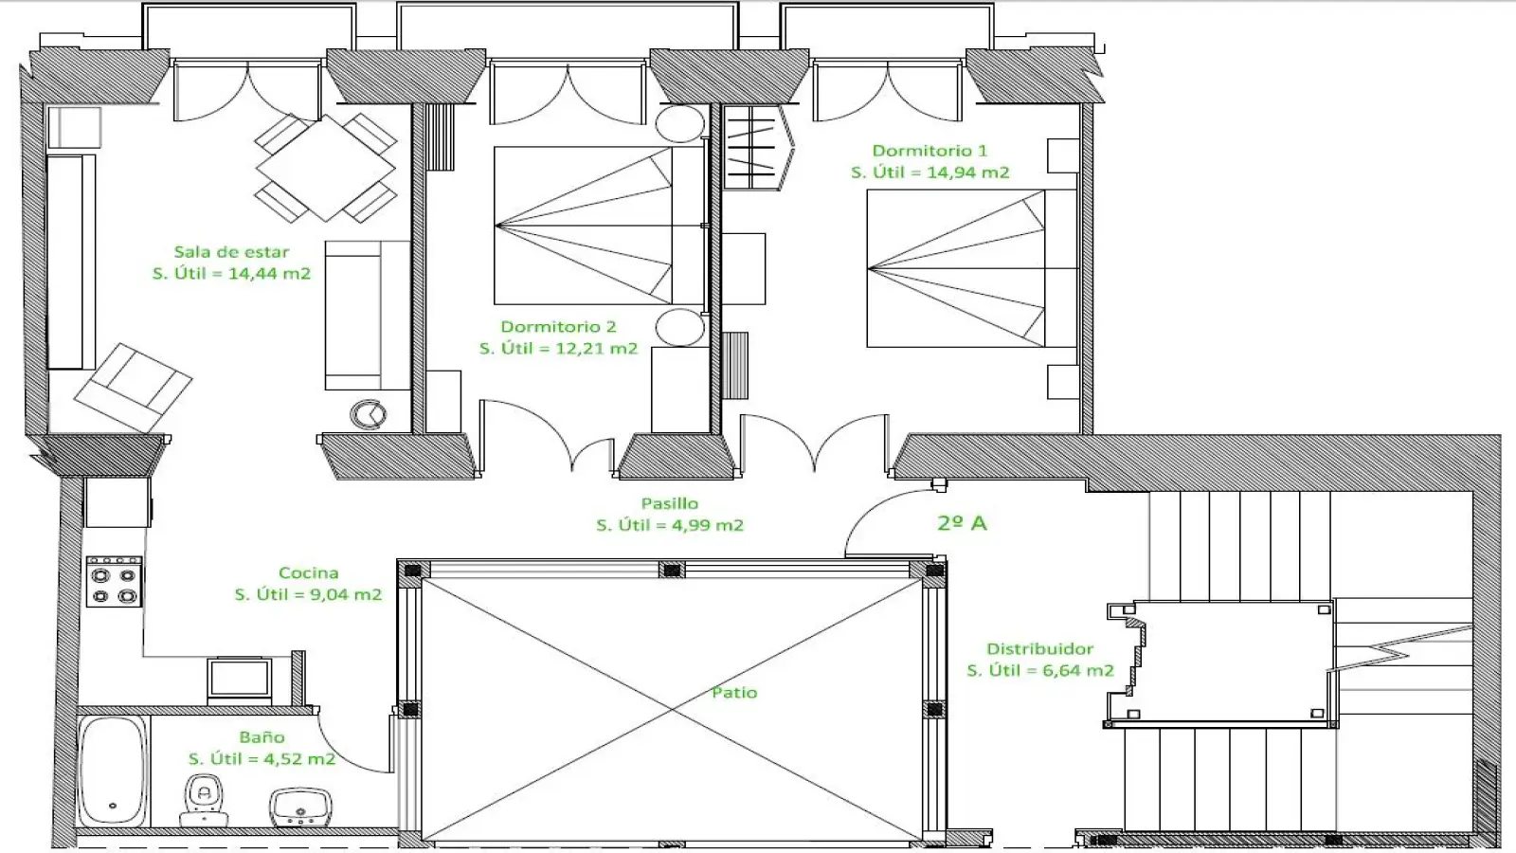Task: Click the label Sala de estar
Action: point(231,252)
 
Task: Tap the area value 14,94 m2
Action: point(967,172)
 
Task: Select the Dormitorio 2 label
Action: point(558,327)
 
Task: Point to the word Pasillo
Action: point(669,503)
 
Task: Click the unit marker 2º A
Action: point(962,523)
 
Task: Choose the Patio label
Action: point(734,693)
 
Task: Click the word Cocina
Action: point(308,572)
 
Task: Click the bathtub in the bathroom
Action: point(113,771)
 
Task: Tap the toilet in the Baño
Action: point(204,801)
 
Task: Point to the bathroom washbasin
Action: point(300,807)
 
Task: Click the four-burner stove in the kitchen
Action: point(114,582)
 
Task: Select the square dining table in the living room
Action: point(326,167)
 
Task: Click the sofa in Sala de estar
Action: point(367,315)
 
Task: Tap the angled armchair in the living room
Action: point(133,388)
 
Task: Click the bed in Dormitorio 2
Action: point(600,226)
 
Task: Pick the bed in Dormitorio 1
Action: point(972,268)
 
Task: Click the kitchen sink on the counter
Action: point(240,679)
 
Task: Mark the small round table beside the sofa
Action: point(369,413)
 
